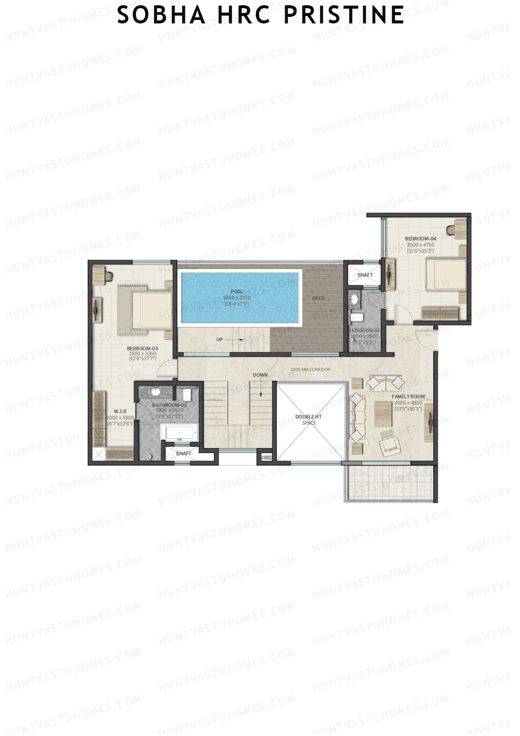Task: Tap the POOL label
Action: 237,291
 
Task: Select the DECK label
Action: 318,298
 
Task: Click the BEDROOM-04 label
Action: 420,239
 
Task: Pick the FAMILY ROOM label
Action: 408,396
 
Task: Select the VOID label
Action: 266,458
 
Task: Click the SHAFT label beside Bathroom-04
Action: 365,275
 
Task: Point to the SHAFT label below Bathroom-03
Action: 183,454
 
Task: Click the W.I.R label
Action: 120,411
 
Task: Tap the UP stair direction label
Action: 220,339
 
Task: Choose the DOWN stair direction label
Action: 260,375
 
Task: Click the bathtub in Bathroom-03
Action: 179,432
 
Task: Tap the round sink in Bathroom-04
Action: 355,299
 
